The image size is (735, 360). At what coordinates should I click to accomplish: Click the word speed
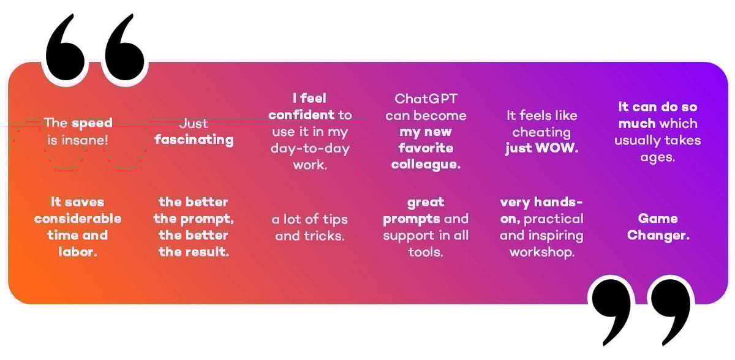coord(92,123)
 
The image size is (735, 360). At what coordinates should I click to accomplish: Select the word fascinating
coord(194,140)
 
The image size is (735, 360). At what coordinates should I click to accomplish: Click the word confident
coord(301,114)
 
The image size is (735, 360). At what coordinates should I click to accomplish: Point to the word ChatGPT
coord(426,99)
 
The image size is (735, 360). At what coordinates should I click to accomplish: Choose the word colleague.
coord(426,165)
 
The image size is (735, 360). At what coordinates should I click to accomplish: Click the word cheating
coord(541,132)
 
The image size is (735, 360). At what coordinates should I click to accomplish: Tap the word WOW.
coord(557,148)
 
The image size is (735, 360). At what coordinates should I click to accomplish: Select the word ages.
coord(658,158)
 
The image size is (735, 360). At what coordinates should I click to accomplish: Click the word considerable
coord(78,219)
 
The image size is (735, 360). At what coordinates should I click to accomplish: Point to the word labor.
coord(78,252)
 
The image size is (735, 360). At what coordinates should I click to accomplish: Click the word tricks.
coord(324,236)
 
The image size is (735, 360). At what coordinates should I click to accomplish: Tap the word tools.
coord(426,252)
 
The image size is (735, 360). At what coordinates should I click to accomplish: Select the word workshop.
coord(541,252)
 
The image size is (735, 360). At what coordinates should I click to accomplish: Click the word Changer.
coord(658,236)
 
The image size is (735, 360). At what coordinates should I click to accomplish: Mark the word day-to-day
coord(310,149)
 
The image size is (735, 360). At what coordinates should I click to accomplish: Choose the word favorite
coord(426,148)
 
